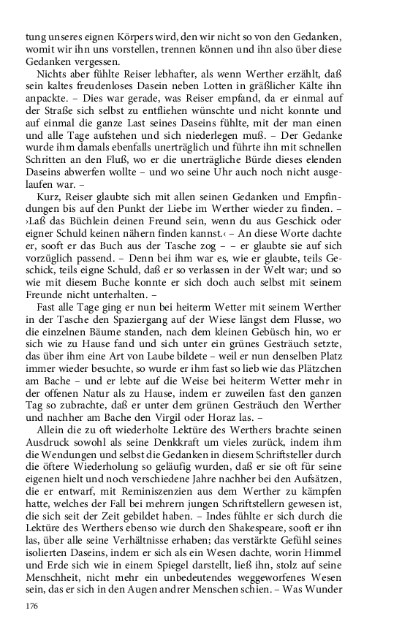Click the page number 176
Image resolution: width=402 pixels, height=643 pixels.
click(31, 606)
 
